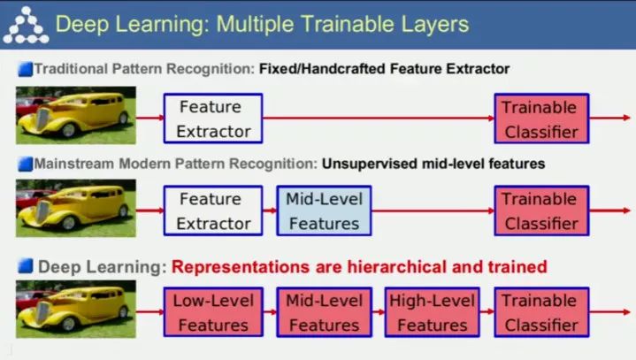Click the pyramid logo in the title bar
coord(25,24)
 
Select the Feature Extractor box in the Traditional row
coord(213,119)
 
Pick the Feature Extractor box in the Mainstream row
coord(213,211)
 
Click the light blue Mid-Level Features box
coord(324,211)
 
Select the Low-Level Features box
coord(213,312)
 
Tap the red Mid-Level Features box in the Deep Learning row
coord(324,312)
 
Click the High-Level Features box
coord(432,312)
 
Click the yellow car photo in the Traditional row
coord(75,116)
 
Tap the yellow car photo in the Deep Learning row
coord(75,310)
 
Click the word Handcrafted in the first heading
coord(340,68)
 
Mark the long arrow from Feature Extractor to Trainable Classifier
coord(379,119)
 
